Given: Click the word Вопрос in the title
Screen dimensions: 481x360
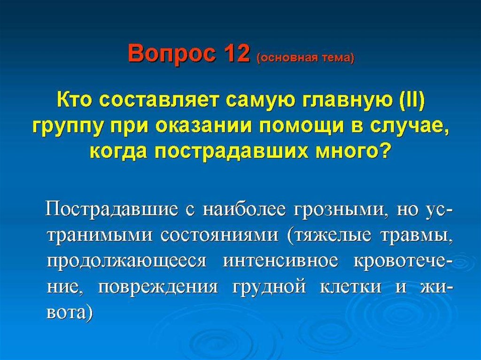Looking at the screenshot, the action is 172,54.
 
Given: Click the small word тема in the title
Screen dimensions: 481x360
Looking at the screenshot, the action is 332,58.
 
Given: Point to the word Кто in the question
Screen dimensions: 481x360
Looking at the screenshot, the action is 76,100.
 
